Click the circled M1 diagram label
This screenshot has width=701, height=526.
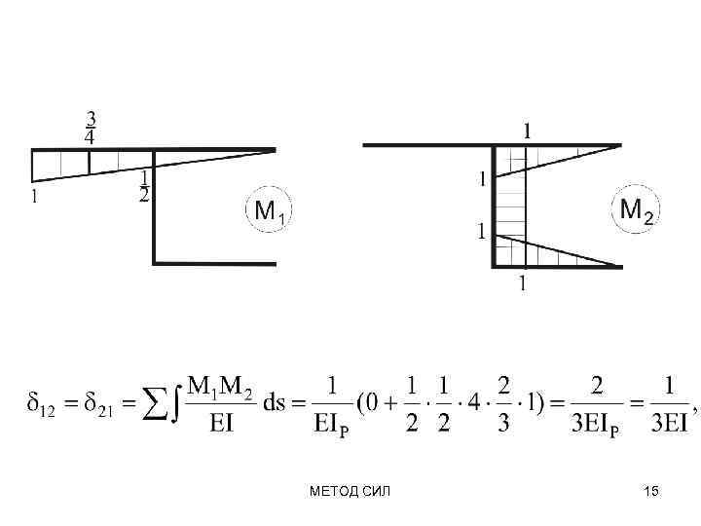click(269, 210)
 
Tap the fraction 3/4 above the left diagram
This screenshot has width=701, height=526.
click(91, 128)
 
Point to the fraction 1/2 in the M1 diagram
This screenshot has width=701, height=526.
click(144, 186)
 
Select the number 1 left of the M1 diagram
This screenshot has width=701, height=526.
click(36, 197)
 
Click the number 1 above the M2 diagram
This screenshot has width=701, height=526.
click(527, 130)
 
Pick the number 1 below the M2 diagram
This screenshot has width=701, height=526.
click(523, 283)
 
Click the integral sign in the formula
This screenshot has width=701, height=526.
click(172, 400)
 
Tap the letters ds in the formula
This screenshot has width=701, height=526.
click(274, 400)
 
